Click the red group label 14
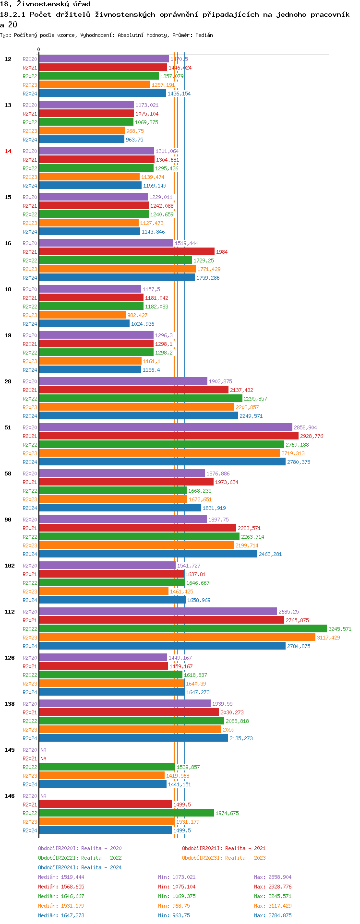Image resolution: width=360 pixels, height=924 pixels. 8,151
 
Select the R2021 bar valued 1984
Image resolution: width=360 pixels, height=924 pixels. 126,252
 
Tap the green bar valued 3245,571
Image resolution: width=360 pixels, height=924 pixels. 182,629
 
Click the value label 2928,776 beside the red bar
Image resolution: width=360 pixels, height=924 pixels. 312,436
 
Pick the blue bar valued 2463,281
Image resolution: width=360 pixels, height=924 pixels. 148,554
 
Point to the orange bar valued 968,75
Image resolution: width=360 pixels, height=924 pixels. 82,131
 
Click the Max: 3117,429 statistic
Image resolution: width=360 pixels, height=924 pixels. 273,906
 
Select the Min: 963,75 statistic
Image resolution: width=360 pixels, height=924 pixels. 174,915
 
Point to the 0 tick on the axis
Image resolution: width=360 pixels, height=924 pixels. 39,50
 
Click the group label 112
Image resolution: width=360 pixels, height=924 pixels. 10,612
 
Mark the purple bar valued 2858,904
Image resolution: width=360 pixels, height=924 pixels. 165,427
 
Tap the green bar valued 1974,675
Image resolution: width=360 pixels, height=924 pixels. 126,813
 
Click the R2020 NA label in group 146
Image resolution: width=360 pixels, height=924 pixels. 43,796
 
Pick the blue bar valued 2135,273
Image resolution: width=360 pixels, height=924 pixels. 133,738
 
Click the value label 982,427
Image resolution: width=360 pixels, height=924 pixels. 137,315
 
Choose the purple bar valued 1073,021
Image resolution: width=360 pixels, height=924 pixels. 86,105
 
